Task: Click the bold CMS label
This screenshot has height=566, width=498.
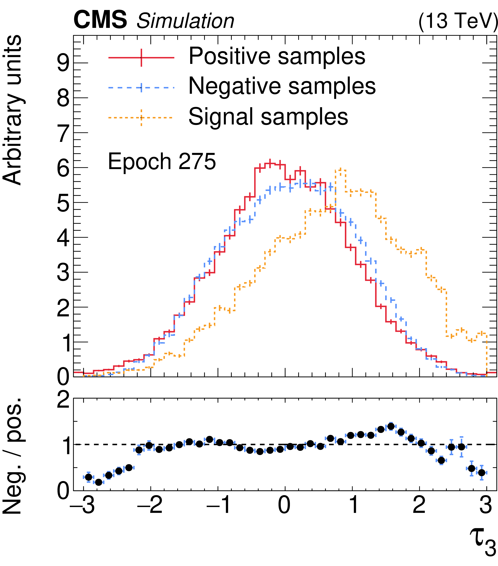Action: click(x=100, y=20)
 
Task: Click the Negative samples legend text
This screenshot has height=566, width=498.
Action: click(x=282, y=86)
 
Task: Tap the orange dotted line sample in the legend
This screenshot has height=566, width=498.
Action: click(x=141, y=117)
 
